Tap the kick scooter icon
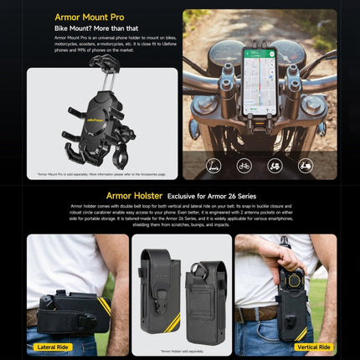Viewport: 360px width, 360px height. point(213,166)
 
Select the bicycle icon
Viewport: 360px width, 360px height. point(244,166)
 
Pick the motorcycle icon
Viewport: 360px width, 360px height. point(275,166)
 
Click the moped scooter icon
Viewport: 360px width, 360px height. point(306,166)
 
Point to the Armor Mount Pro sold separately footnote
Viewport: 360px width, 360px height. point(102,174)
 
